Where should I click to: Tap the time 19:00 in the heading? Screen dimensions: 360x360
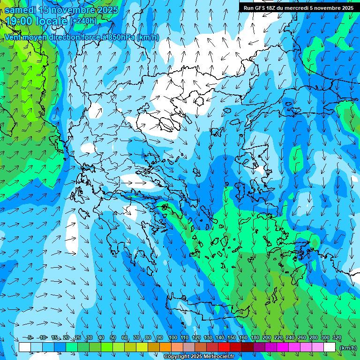click(x=19, y=21)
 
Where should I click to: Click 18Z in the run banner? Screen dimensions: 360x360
click(x=272, y=8)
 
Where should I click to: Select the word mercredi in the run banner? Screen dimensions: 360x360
click(x=300, y=8)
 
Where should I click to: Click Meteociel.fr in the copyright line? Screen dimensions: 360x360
click(x=218, y=357)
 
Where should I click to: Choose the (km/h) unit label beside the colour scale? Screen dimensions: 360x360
click(x=348, y=348)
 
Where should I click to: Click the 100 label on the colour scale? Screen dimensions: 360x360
click(x=173, y=338)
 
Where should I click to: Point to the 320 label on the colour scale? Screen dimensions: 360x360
click(x=337, y=338)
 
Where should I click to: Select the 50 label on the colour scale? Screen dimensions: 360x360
click(x=113, y=338)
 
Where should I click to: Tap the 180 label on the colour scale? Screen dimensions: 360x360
click(x=255, y=338)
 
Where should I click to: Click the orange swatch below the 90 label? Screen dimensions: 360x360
click(x=165, y=347)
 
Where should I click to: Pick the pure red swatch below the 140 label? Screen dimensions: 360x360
click(x=224, y=347)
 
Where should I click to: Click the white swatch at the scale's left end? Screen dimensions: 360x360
click(x=25, y=347)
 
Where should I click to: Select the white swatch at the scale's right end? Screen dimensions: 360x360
click(x=330, y=347)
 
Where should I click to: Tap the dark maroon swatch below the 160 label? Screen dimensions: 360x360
click(x=247, y=347)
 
